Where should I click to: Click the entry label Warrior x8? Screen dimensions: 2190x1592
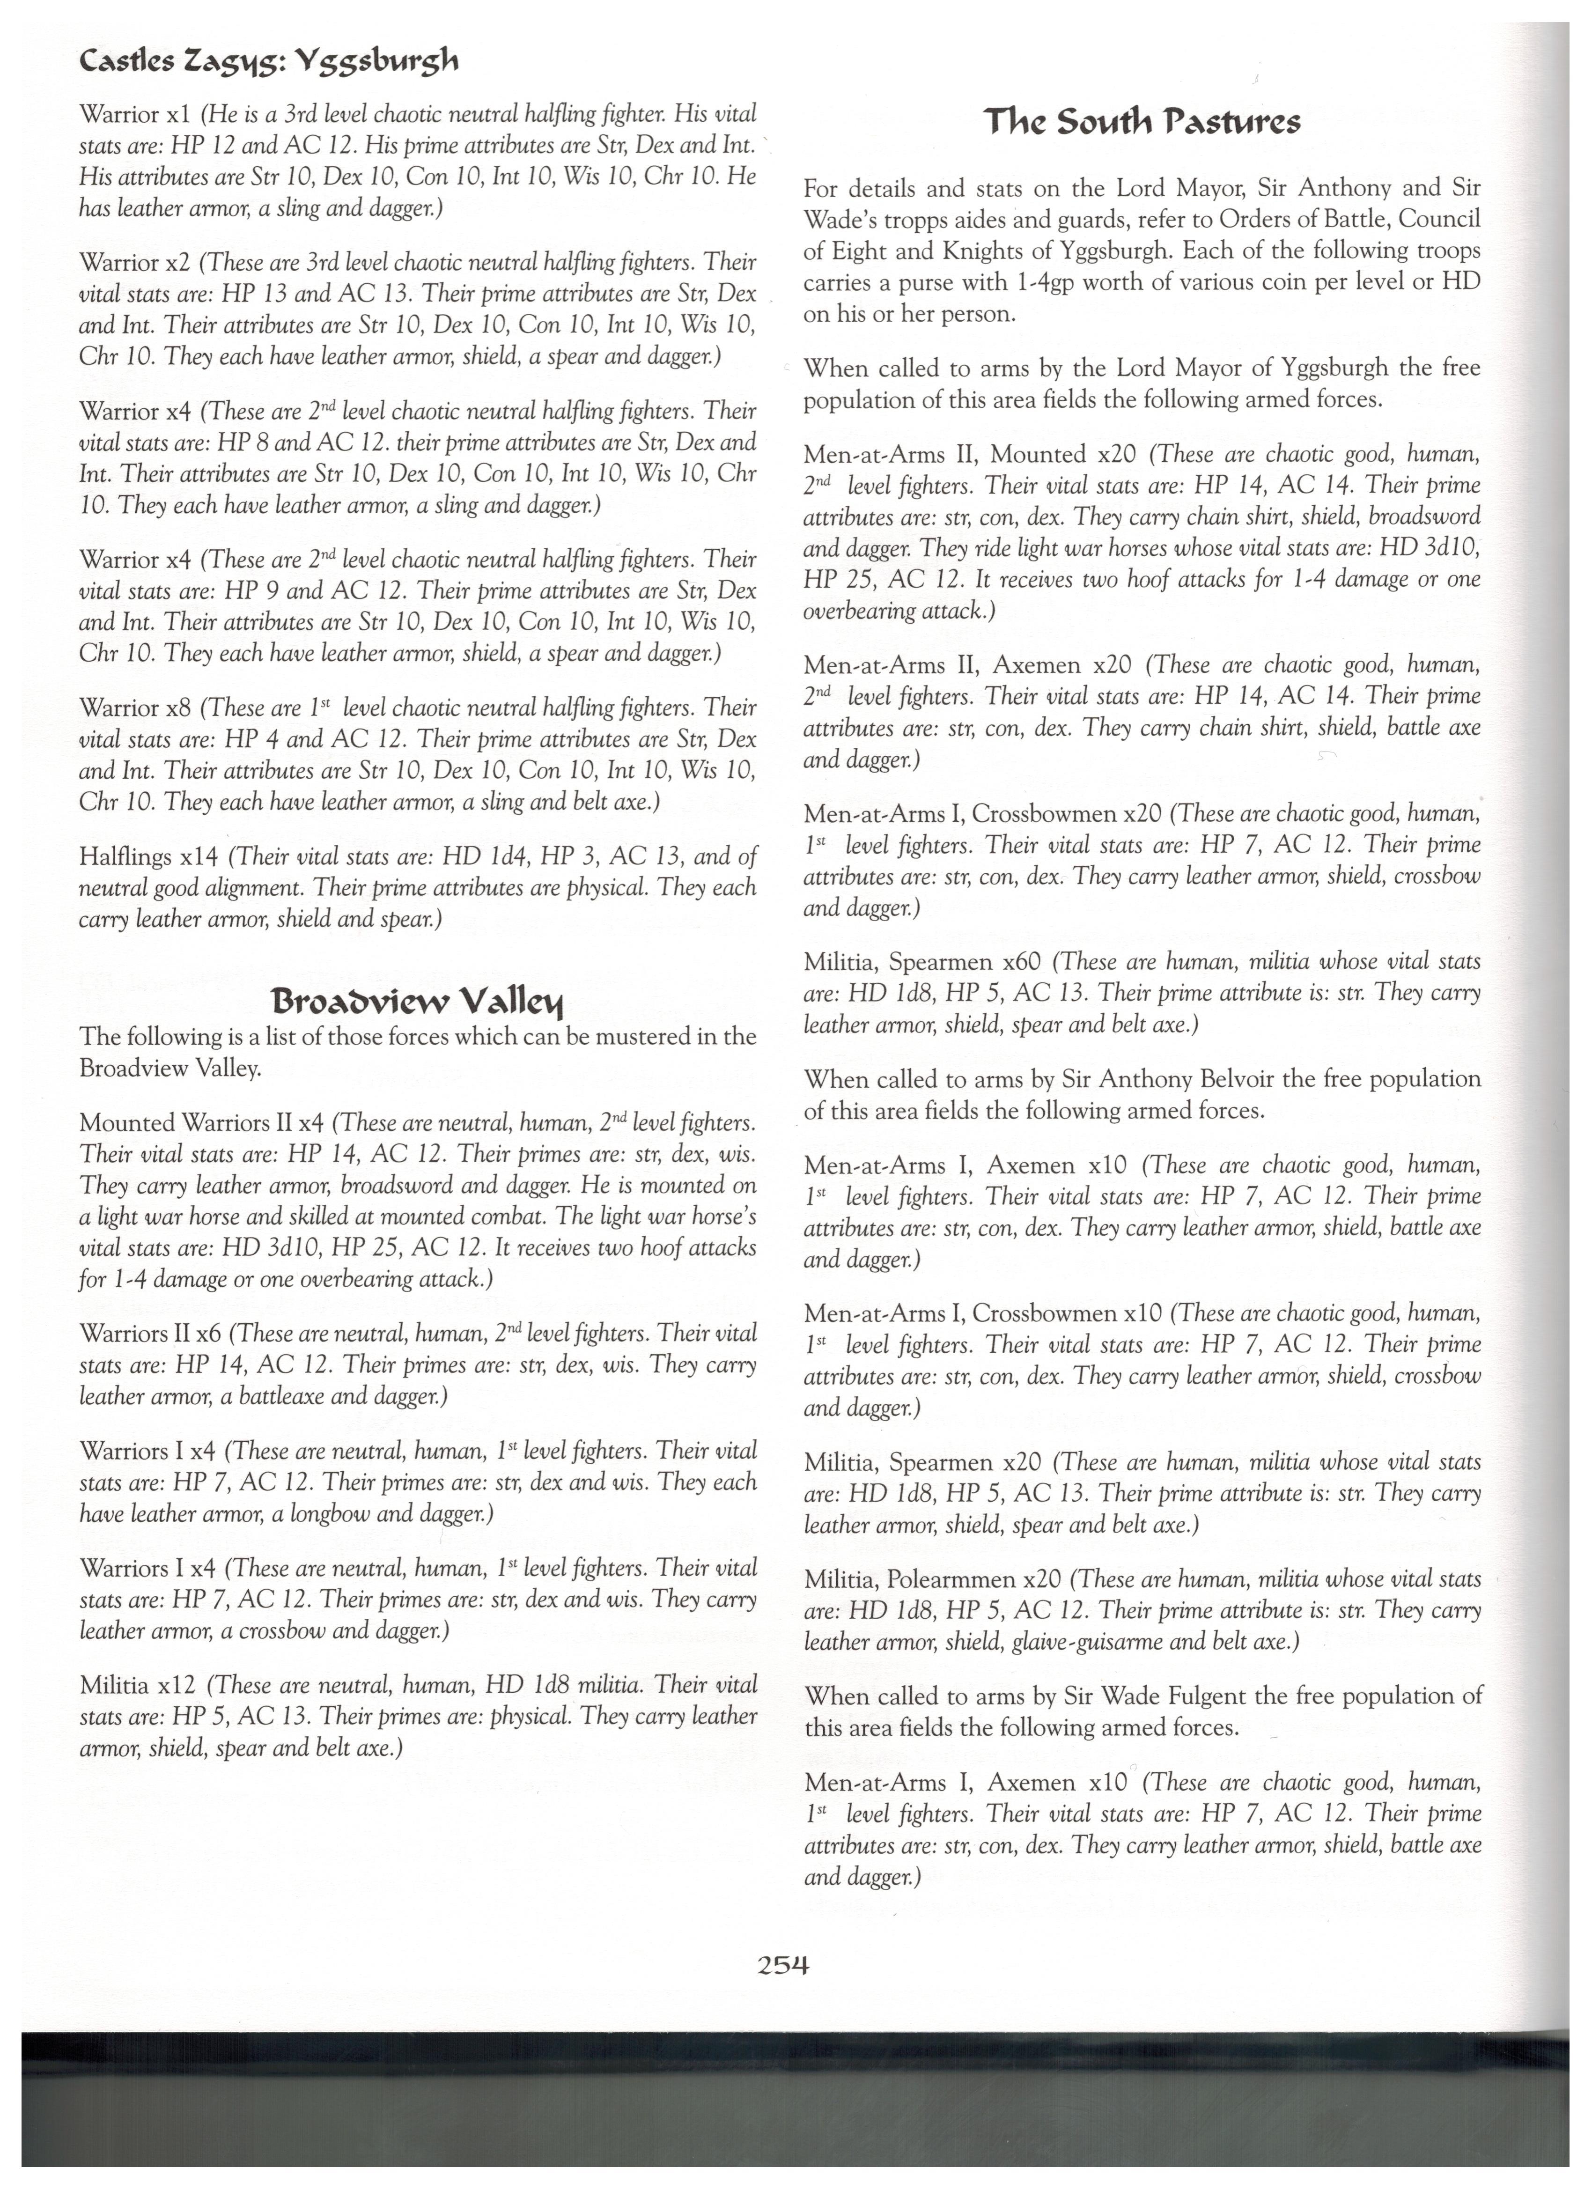point(134,708)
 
